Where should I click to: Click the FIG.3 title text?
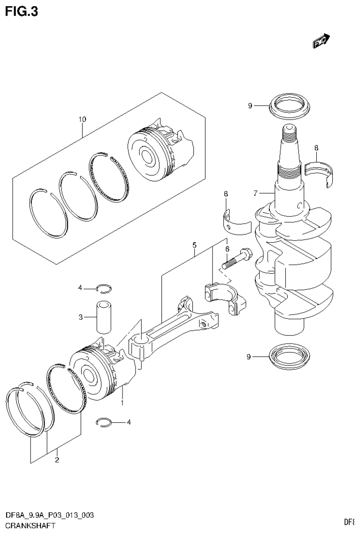(21, 11)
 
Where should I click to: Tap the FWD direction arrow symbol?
(322, 42)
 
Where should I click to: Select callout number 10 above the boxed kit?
(82, 120)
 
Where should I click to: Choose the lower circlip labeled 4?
(105, 423)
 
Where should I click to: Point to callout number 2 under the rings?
(57, 459)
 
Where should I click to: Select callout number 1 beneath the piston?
(122, 403)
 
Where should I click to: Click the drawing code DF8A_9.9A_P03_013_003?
(49, 516)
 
